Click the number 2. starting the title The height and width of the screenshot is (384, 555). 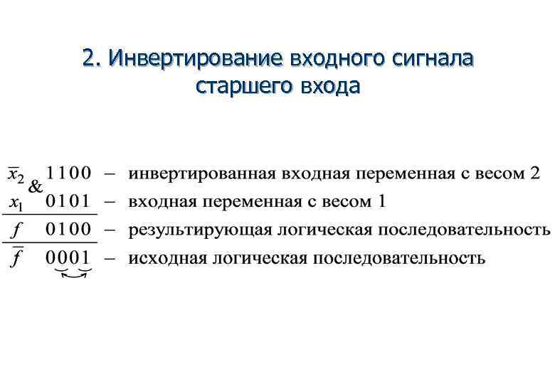point(92,58)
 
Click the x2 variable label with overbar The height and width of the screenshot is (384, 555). point(16,174)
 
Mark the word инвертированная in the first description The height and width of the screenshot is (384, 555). point(202,174)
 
